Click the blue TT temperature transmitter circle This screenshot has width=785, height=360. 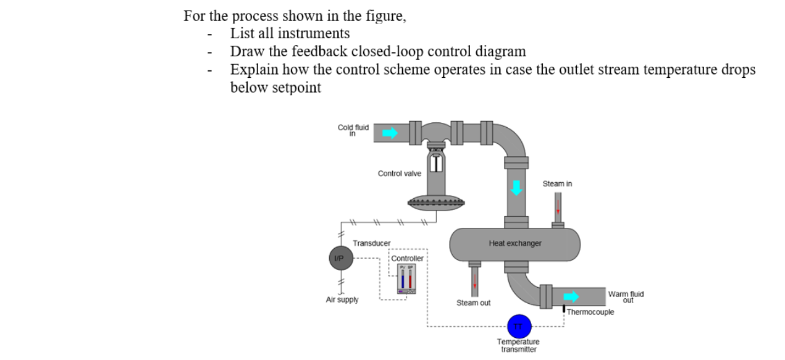[x=519, y=326]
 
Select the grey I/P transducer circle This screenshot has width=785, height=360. [x=340, y=257]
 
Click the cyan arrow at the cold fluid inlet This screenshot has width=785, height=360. [x=390, y=132]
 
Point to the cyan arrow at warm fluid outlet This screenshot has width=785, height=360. [x=571, y=296]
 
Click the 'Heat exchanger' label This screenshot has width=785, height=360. [x=514, y=243]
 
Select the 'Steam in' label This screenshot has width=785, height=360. [x=557, y=184]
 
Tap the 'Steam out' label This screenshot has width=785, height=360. [x=473, y=303]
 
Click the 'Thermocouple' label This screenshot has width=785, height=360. [x=590, y=312]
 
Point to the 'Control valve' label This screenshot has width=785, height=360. [x=399, y=174]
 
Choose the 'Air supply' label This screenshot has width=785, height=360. [x=342, y=300]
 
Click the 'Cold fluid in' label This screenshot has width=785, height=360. [x=353, y=130]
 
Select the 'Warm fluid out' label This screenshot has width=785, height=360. [x=626, y=297]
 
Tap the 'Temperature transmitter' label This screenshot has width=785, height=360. [x=518, y=345]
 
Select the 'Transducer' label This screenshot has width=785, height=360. [x=371, y=243]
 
